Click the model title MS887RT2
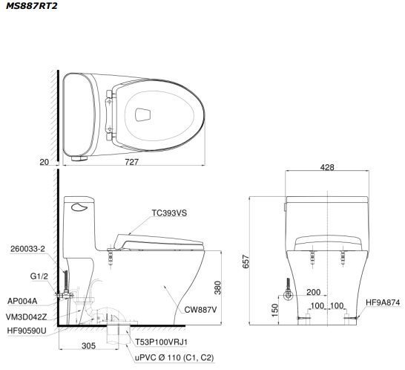click(x=32, y=6)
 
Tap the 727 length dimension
click(x=132, y=162)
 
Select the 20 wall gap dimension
click(x=45, y=162)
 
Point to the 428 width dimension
click(x=327, y=167)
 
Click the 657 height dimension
click(x=246, y=262)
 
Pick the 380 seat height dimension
click(x=218, y=288)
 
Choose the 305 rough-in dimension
click(x=88, y=346)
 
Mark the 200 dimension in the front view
click(x=313, y=293)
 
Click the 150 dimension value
click(x=274, y=310)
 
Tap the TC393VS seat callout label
click(x=169, y=213)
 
